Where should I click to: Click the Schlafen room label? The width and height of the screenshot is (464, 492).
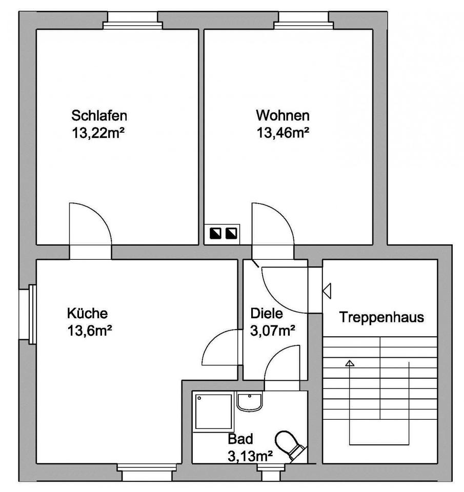(99, 114)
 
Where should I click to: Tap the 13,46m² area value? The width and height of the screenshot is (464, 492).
(283, 133)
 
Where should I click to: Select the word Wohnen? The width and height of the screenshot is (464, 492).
(283, 114)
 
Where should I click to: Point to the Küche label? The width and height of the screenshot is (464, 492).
(87, 313)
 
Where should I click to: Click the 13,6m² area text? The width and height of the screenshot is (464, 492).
(90, 331)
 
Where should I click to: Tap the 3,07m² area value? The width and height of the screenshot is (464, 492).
(272, 331)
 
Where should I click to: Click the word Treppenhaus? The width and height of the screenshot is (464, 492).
(382, 317)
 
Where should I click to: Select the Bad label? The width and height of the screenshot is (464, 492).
(240, 439)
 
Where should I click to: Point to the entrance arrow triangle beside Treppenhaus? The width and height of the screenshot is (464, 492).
(327, 290)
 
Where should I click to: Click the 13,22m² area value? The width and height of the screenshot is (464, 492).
(99, 133)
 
